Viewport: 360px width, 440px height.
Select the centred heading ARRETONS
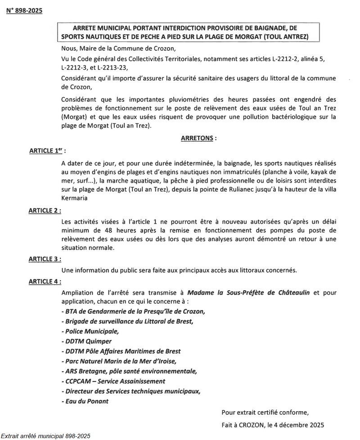197,139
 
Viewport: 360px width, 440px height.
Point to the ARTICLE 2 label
45,210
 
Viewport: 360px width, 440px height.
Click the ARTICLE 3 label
45,260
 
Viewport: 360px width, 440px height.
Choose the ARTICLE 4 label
45,281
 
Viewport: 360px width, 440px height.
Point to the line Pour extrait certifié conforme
265,412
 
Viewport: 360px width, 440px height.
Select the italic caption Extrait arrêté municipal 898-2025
45,436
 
